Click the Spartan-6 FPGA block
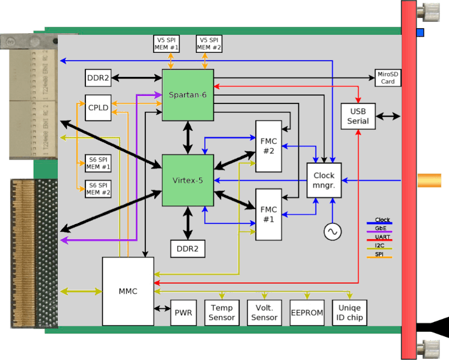click(x=187, y=94)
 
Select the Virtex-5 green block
click(x=187, y=180)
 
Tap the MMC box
click(x=128, y=291)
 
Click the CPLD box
click(x=98, y=108)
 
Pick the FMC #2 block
click(x=268, y=146)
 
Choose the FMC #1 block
click(x=268, y=214)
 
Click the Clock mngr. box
click(x=324, y=180)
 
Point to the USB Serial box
click(x=358, y=116)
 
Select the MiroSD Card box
click(x=388, y=78)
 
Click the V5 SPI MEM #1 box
click(x=166, y=43)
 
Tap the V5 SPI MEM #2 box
click(x=209, y=43)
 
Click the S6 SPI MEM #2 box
click(x=98, y=189)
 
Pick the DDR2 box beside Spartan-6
click(x=98, y=78)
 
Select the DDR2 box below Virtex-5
click(x=187, y=248)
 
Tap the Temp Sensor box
click(x=222, y=313)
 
